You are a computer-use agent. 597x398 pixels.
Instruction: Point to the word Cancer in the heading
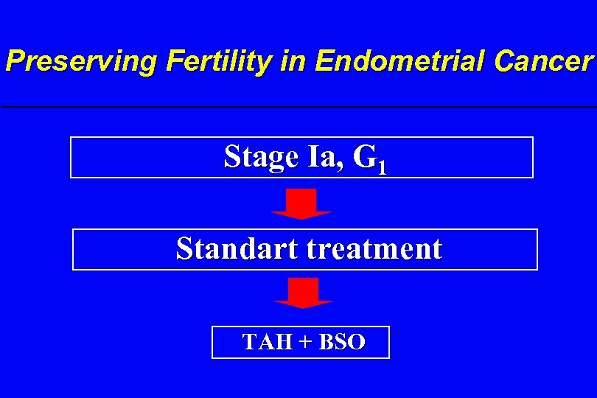click(544, 61)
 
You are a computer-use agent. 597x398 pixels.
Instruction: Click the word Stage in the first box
click(258, 156)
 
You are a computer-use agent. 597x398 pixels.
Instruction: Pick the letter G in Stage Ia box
click(364, 156)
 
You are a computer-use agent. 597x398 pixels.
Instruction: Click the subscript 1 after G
click(380, 167)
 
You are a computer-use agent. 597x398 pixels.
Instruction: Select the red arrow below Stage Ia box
click(301, 203)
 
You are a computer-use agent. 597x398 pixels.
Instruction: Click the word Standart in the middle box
click(237, 249)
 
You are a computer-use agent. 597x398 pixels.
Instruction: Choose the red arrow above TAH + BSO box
click(303, 293)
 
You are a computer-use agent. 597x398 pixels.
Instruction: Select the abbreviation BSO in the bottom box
click(341, 343)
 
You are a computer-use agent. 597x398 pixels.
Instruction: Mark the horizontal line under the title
click(298, 108)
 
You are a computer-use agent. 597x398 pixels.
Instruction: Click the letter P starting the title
click(14, 61)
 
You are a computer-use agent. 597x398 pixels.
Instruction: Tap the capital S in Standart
click(184, 249)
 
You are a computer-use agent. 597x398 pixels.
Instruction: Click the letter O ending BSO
click(356, 343)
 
